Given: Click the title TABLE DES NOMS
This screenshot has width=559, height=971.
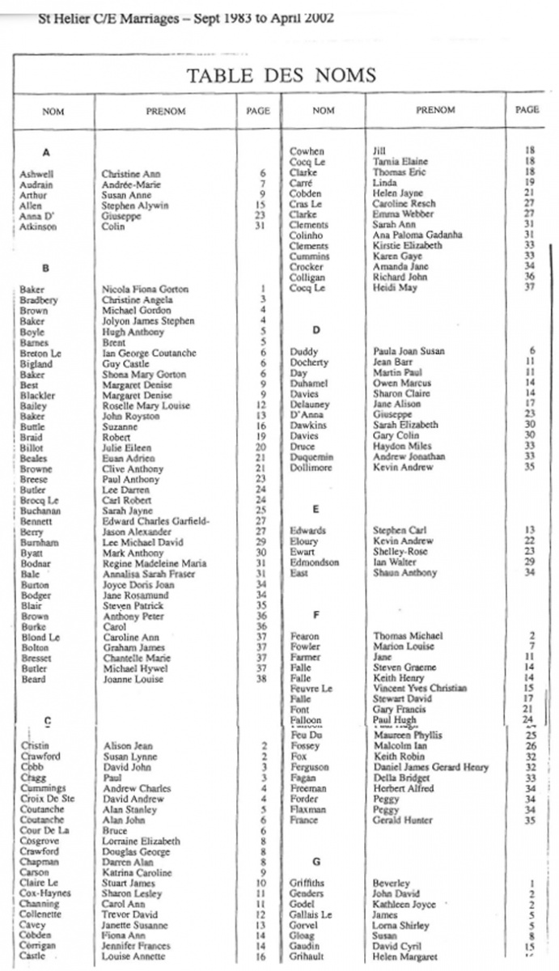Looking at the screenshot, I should pos(282,76).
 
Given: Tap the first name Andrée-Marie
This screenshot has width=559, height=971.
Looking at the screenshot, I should pos(131,184).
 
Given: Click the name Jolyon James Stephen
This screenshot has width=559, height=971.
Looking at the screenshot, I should pos(148,321).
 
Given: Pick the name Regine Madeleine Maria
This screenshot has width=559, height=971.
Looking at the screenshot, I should pos(154,564).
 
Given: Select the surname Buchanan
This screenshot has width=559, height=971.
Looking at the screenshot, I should pos(40,511).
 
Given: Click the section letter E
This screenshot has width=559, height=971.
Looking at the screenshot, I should pos(315,510).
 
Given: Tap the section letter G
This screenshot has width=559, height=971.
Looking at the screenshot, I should pos(316,862).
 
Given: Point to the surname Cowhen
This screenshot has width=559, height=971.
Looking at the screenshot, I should pos(307,151).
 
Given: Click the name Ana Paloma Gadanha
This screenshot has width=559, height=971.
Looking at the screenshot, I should pos(417,235).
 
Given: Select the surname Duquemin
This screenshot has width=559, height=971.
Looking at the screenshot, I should pos(311,457).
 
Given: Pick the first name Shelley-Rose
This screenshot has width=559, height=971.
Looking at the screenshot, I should pos(401,552).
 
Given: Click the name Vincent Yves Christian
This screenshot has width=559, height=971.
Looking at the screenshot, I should pos(420,689).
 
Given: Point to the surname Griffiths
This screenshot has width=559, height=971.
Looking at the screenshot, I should pos(310,883).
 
